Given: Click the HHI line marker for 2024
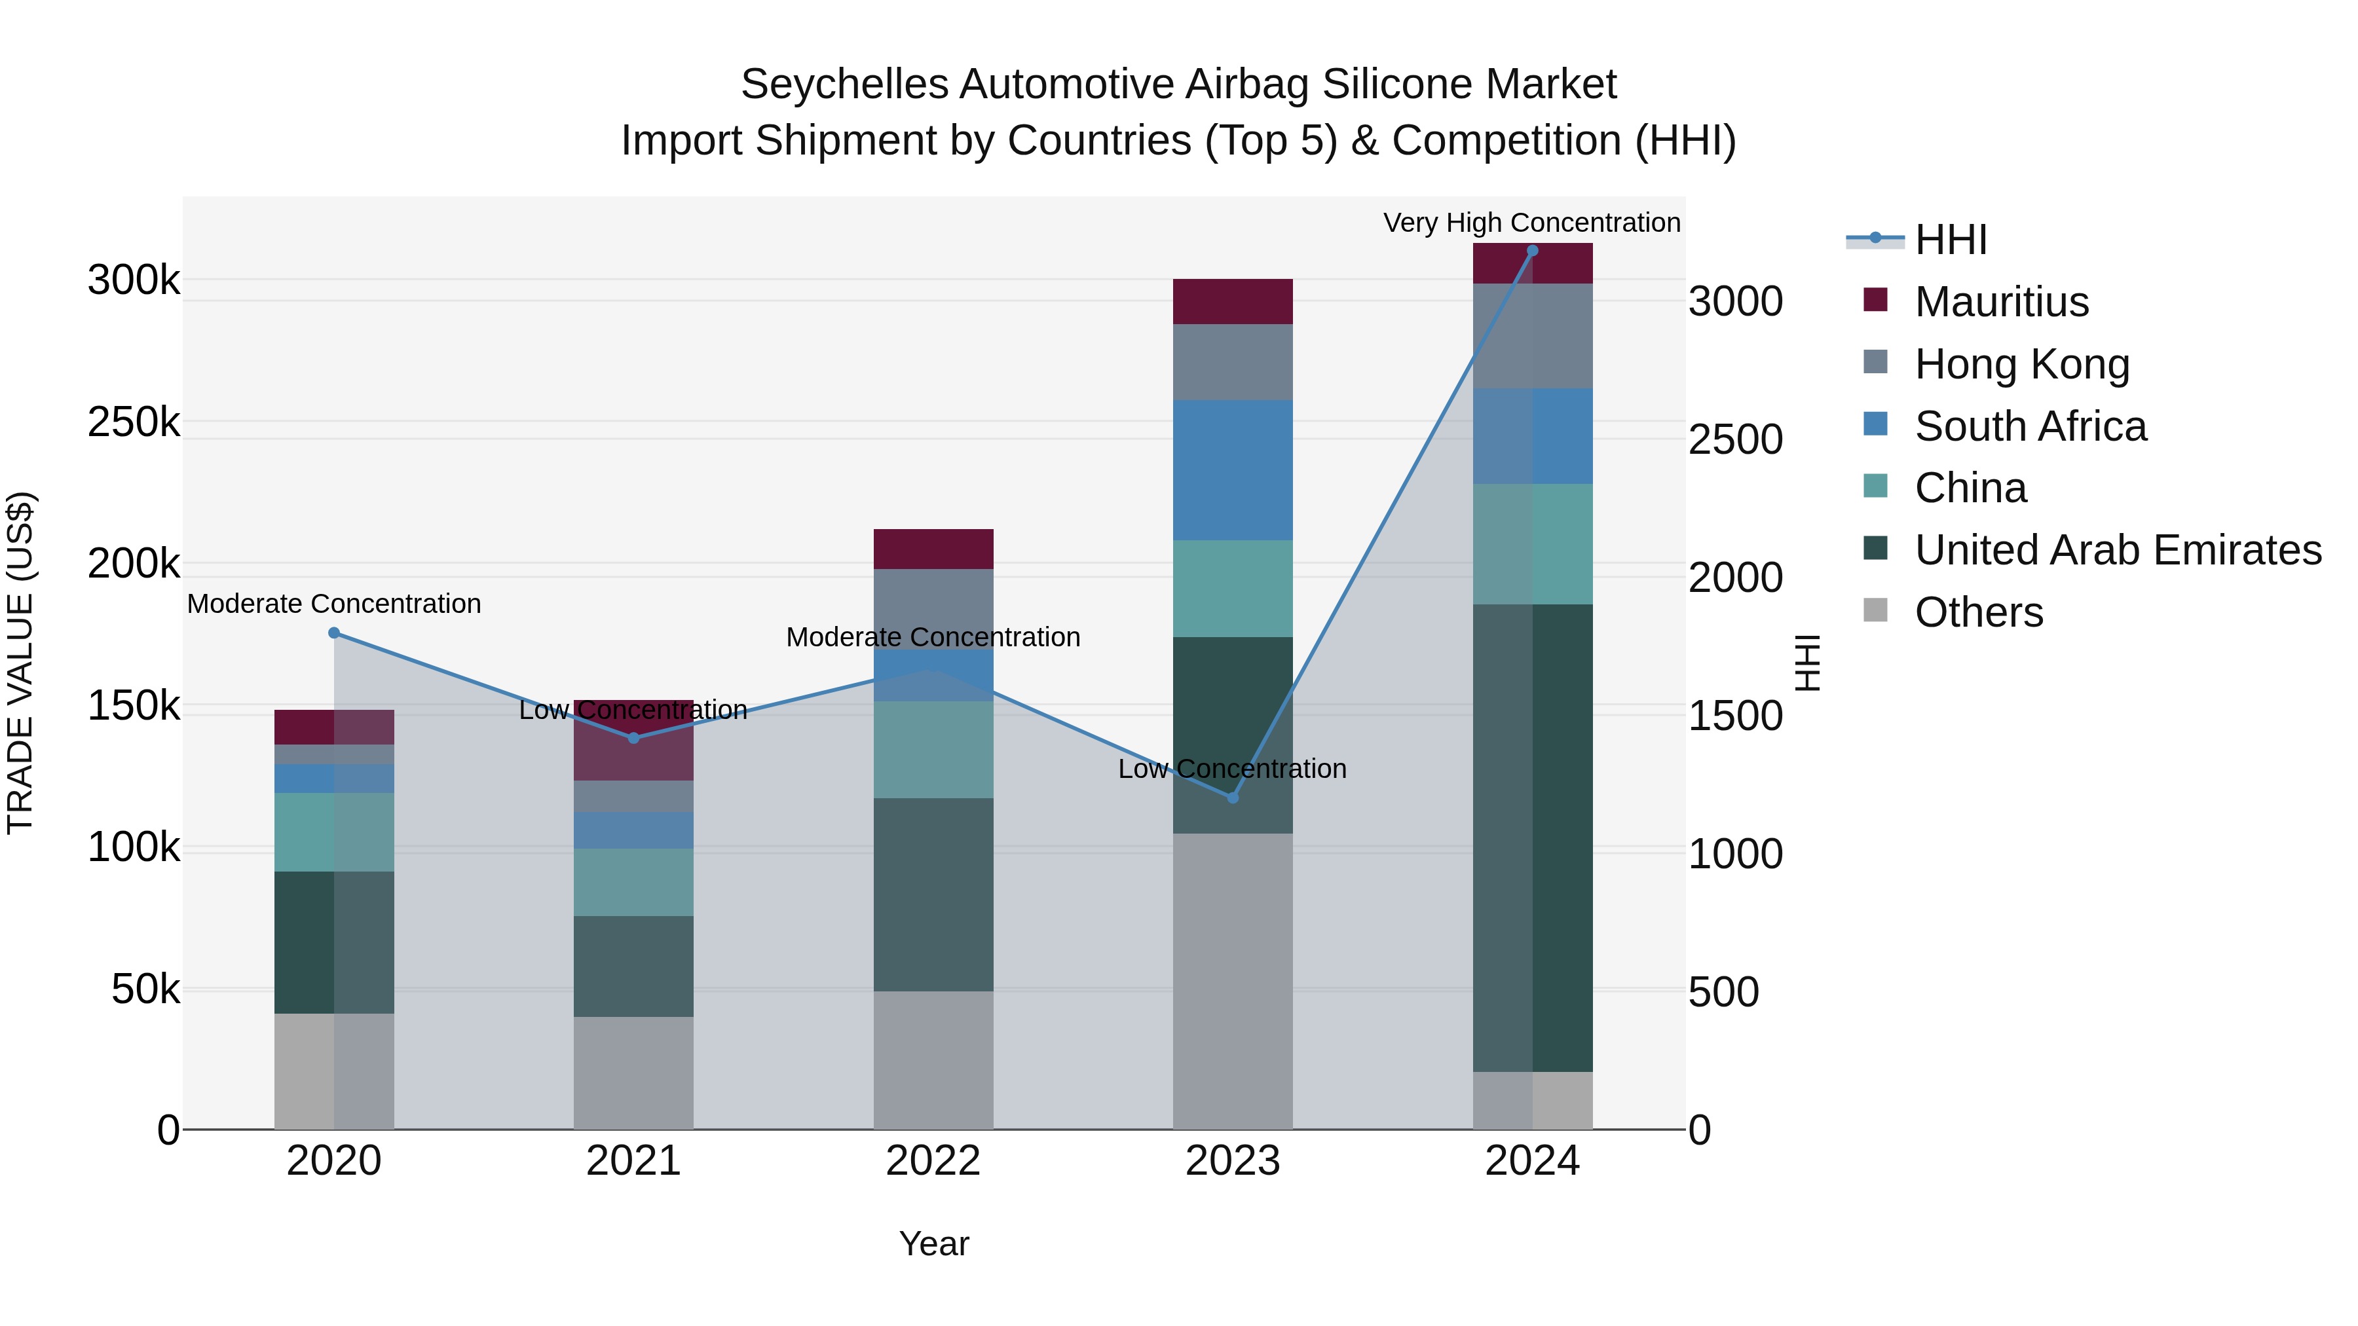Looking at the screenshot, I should tap(1532, 251).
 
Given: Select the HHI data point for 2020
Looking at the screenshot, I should tap(334, 633).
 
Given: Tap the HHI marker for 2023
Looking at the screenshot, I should tap(1232, 798).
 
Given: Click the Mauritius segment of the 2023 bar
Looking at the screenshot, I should tap(1232, 302).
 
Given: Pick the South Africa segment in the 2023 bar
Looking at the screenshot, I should tap(1232, 470).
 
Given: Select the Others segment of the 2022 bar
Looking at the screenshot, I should tap(933, 1059).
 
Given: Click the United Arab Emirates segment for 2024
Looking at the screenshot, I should tap(1532, 838).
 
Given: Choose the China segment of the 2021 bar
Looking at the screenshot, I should tap(633, 882).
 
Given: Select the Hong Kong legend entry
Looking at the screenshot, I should tap(2021, 364).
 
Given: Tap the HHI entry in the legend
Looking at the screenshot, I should tap(1950, 240).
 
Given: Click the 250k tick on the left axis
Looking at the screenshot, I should tap(134, 423).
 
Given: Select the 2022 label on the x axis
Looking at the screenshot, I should tap(933, 1161).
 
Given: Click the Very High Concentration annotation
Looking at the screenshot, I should tap(1531, 223).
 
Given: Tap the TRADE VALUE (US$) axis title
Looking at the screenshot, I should tap(20, 663).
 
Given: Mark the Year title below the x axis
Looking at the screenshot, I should tap(933, 1243).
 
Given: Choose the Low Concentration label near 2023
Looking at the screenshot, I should tap(1232, 769).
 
